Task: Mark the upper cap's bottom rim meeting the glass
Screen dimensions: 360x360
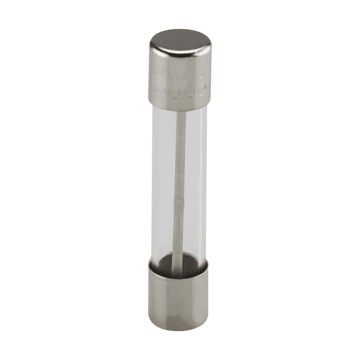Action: click(179, 106)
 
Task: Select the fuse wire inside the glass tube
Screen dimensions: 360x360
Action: click(180, 169)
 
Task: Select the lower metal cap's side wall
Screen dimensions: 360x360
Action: click(179, 299)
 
